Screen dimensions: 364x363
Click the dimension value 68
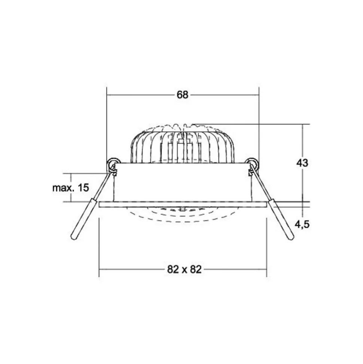pos(182,95)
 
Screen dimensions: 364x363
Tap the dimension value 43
pos(302,163)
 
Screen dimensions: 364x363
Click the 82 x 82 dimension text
pos(182,269)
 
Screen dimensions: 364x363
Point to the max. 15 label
pos(71,188)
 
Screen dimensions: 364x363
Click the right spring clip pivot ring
pos(253,163)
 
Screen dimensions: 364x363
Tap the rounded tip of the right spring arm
pos(291,237)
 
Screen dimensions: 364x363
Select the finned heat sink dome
pos(182,144)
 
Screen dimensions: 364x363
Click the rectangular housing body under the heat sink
pos(182,183)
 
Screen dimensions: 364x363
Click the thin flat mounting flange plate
pos(182,204)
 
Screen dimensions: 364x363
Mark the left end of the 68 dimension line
pos(107,95)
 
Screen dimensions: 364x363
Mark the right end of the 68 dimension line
pos(259,95)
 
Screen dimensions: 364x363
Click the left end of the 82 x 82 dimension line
pos(99,269)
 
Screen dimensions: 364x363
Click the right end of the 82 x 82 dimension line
pos(266,269)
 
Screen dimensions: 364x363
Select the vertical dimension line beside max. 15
pos(71,178)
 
